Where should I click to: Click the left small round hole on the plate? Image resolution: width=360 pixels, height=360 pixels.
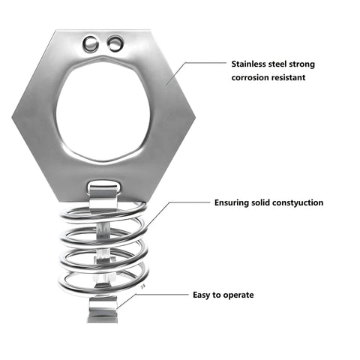point(90,44)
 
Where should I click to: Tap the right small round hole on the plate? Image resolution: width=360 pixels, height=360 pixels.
point(115,43)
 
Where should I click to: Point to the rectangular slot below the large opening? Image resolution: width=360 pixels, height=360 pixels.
point(104,185)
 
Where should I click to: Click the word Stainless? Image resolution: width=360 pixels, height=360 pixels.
point(248,64)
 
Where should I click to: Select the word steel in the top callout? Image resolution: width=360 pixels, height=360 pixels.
point(277,64)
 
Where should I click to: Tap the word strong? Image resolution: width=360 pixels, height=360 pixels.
point(302,64)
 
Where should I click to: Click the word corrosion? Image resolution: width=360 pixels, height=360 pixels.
point(250,77)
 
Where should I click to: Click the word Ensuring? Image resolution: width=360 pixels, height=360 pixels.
point(232,202)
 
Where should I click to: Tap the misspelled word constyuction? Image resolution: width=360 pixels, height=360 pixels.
point(298,202)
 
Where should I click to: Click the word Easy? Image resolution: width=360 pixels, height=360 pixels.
point(201,295)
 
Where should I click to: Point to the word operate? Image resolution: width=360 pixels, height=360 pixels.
point(238,295)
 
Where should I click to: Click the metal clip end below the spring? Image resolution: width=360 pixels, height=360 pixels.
point(103,310)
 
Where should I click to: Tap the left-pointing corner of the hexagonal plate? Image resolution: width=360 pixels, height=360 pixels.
point(12,117)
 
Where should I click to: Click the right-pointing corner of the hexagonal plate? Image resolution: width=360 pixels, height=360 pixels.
point(195,116)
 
